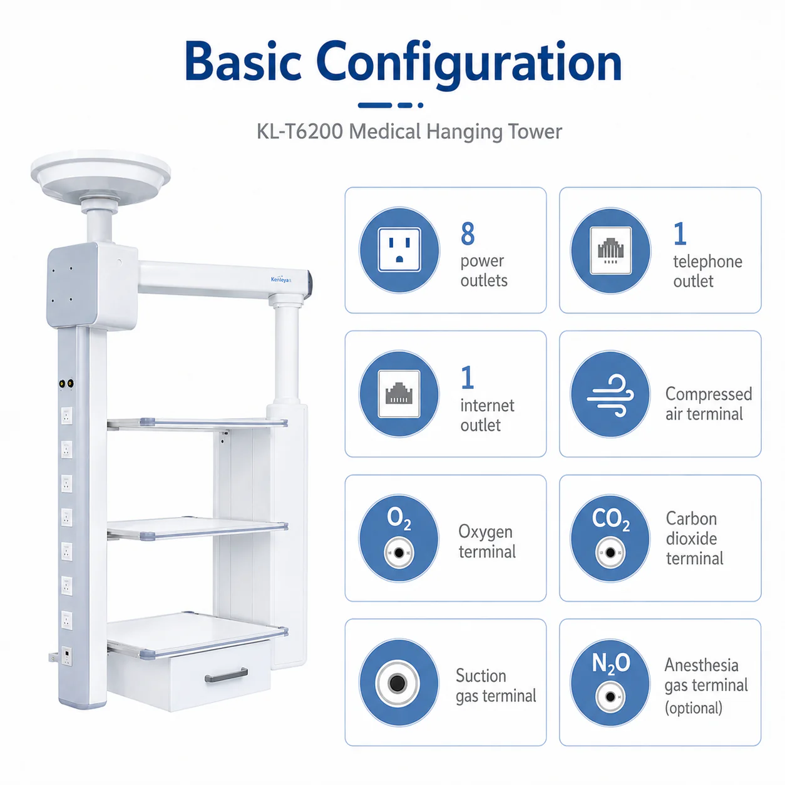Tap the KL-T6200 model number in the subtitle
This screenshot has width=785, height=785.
[300, 131]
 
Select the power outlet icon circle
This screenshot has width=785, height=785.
[399, 250]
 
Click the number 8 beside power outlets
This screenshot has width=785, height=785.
[468, 233]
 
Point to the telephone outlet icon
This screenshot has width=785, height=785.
[610, 250]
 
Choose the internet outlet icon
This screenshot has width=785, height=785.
[399, 394]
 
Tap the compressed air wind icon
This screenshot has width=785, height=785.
[610, 394]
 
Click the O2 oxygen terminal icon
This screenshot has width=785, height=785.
[399, 538]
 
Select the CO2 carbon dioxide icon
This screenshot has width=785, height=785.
[610, 538]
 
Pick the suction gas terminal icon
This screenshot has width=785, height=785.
[399, 682]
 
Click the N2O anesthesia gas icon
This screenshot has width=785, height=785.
[610, 682]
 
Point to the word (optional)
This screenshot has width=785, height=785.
[694, 708]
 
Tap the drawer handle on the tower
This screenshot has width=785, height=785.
[226, 675]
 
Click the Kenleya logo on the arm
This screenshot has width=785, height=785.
[281, 280]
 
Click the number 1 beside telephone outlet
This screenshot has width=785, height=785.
[679, 233]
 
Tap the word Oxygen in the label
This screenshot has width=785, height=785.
[485, 532]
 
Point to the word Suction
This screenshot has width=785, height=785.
[481, 676]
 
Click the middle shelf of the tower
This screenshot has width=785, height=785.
[198, 528]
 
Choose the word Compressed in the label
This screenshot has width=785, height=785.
[709, 394]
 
